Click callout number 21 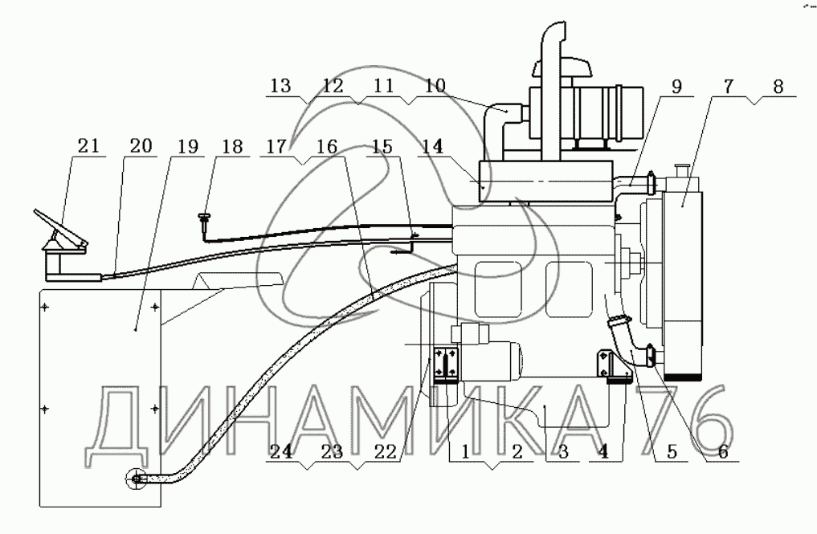pos(88,146)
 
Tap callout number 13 pos(281,86)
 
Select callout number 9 pos(676,87)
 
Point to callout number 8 pos(778,87)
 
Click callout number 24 pos(281,451)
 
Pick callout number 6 pos(723,451)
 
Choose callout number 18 pos(232,146)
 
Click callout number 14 pos(432,146)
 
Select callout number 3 pos(562,451)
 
